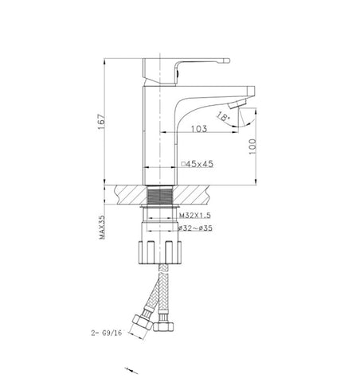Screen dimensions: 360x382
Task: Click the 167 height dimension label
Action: [x=101, y=122]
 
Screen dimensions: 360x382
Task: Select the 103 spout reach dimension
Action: [x=199, y=129]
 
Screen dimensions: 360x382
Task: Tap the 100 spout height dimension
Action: [x=252, y=146]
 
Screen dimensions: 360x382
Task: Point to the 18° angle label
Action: [x=222, y=117]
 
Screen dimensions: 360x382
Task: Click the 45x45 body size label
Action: [x=199, y=164]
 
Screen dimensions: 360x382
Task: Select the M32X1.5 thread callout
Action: [x=195, y=215]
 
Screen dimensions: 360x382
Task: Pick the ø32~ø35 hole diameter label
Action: [x=195, y=228]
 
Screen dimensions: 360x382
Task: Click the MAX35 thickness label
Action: [x=102, y=227]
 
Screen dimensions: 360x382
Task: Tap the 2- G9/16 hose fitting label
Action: [x=107, y=333]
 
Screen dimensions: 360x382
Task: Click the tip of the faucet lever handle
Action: [x=228, y=60]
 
